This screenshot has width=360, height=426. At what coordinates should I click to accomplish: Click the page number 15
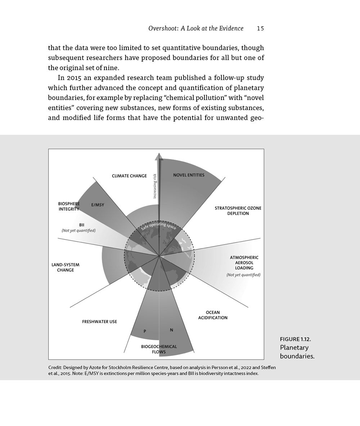(260, 29)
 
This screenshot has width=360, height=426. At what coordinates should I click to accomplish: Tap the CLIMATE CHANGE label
(129, 176)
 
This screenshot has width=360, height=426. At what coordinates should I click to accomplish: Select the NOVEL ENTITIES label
(189, 175)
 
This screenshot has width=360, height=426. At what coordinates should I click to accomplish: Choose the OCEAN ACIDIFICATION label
(213, 315)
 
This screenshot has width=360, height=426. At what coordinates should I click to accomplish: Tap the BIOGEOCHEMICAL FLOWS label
(159, 349)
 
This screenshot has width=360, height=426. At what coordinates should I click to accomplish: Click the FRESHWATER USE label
(99, 321)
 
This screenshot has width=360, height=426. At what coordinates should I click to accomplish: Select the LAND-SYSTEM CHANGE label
(65, 267)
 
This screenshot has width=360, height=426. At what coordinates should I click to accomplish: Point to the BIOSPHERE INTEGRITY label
(68, 206)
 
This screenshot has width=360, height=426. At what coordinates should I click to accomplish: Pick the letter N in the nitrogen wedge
(171, 330)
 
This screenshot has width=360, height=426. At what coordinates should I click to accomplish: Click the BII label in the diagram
(81, 225)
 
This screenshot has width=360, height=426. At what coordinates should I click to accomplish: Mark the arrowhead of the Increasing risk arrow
(159, 156)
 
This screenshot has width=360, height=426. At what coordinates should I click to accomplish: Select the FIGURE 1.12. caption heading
(295, 339)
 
